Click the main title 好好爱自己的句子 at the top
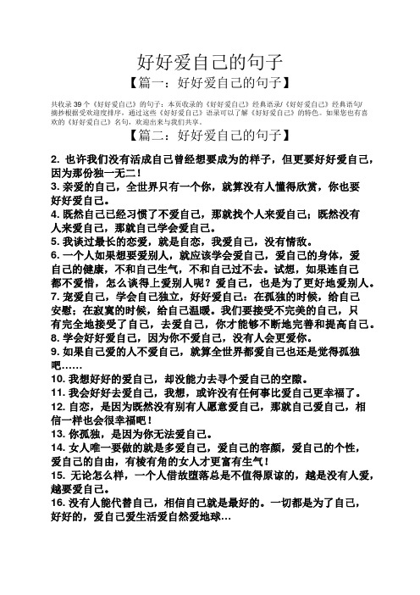point(209,62)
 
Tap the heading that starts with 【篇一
point(209,83)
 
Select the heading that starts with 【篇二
point(209,136)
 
